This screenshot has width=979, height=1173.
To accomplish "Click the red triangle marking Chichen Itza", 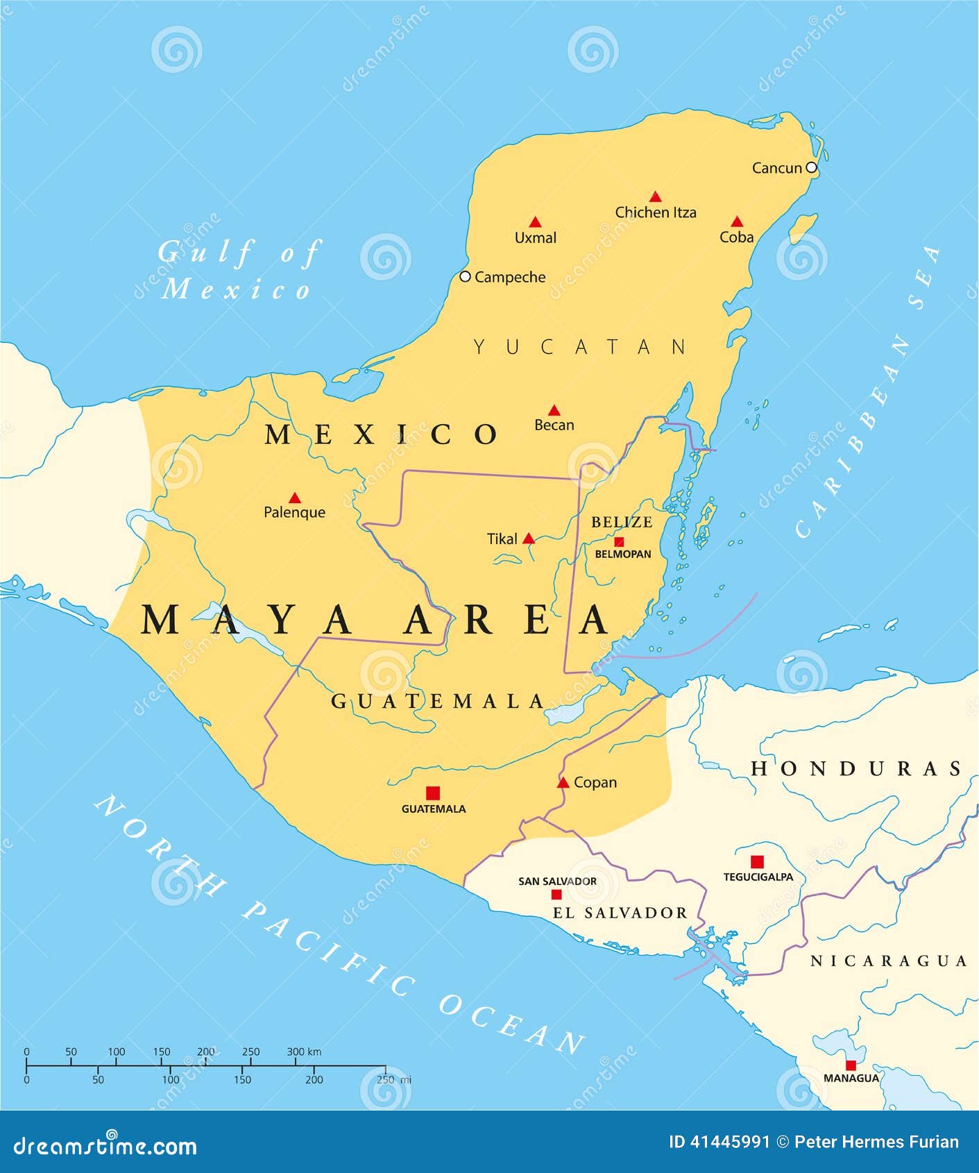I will (x=655, y=197).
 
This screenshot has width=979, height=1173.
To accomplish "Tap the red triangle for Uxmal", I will (x=535, y=222).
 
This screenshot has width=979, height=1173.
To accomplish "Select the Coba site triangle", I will (x=737, y=221).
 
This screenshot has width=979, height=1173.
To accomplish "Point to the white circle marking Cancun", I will (x=811, y=168).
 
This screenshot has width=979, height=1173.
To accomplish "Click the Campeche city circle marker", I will (x=466, y=276).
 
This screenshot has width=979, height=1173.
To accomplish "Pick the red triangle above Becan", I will (x=554, y=410).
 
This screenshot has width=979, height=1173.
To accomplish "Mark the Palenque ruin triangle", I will (x=295, y=498).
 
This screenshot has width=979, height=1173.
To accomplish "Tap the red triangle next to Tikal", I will (x=529, y=538).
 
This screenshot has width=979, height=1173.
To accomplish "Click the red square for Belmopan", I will (x=619, y=541).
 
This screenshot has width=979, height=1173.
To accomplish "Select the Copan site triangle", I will (x=563, y=783).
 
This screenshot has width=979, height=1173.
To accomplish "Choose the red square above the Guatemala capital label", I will (x=433, y=793).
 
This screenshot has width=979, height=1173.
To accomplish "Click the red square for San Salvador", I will (x=556, y=894).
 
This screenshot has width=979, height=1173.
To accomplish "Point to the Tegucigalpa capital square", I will (x=757, y=861).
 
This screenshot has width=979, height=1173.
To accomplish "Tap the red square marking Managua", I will (x=851, y=1065).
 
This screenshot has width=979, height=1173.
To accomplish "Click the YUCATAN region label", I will (x=580, y=346).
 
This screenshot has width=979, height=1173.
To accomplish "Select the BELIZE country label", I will (x=622, y=522).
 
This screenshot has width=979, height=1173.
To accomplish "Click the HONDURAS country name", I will (x=857, y=768).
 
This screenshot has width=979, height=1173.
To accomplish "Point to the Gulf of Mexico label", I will (x=237, y=270).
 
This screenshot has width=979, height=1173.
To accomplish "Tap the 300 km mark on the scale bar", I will (x=296, y=1065).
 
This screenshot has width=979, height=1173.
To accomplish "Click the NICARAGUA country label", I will (x=889, y=961).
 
